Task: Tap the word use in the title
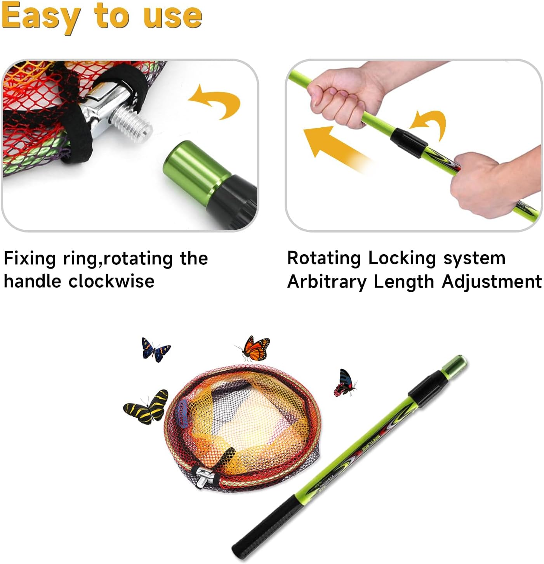click(172, 16)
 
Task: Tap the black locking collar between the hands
click(407, 141)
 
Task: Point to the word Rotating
click(324, 258)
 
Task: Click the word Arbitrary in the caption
click(327, 281)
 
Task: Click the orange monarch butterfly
click(254, 348)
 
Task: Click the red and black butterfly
click(344, 383)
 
